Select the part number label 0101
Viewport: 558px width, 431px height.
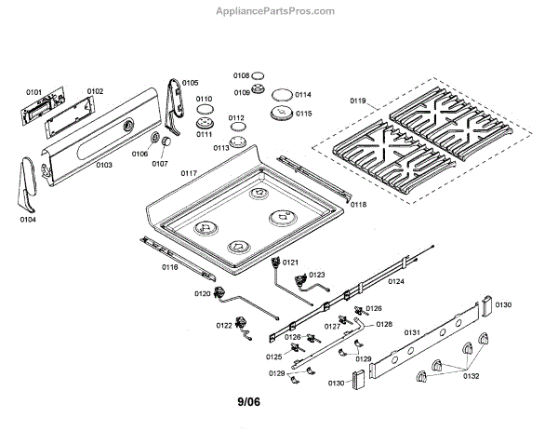tap(34, 92)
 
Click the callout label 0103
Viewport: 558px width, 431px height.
tap(104, 165)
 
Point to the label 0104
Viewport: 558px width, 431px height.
tap(27, 220)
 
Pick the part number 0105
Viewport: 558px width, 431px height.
tap(190, 83)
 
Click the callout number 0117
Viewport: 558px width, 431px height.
tap(189, 174)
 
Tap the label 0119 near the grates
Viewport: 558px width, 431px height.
tap(359, 100)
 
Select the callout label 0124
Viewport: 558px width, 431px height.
tap(396, 280)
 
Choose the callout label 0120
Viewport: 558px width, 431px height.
tap(203, 294)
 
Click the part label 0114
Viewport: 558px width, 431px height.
tap(303, 95)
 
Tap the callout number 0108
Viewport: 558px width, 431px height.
tap(241, 75)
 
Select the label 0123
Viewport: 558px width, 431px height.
tap(317, 275)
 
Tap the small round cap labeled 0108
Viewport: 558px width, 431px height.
tap(259, 76)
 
